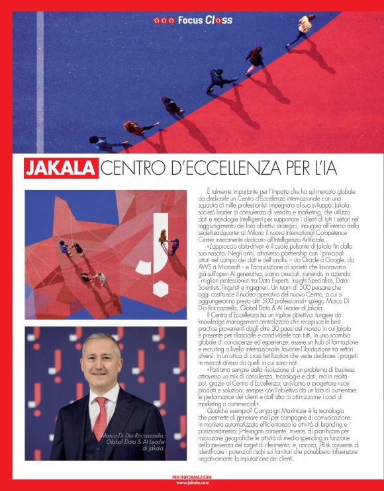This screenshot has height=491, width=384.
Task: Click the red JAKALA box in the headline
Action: click(x=61, y=168)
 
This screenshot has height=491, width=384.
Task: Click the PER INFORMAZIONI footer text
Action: click(x=191, y=477)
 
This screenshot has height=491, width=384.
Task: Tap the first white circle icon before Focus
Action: click(x=156, y=21)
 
